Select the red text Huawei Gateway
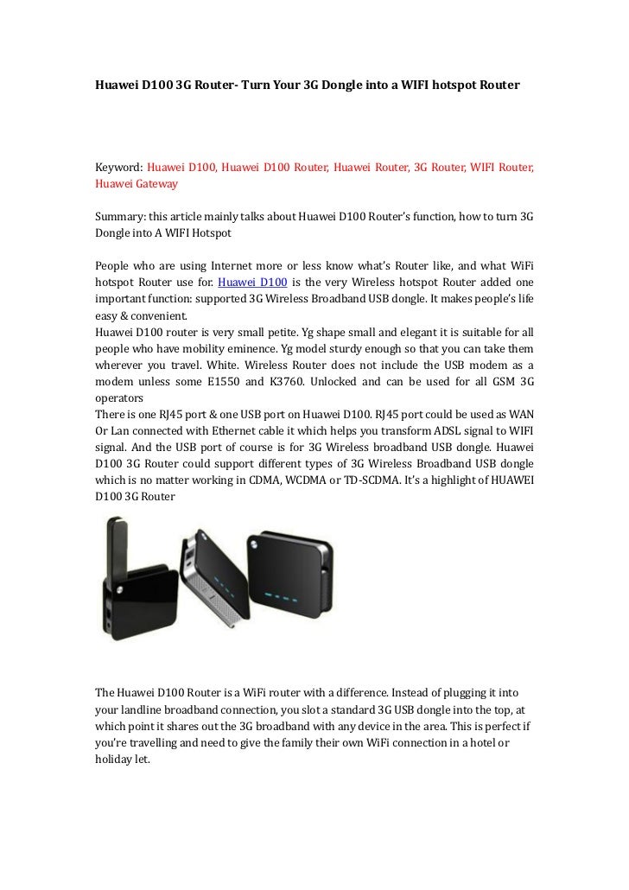click(137, 184)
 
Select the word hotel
click(476, 741)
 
